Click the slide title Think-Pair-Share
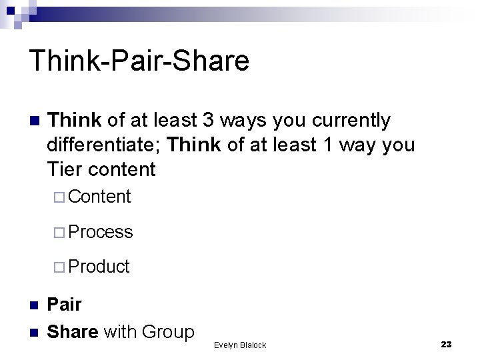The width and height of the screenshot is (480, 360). click(139, 61)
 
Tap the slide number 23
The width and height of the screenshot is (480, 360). click(447, 344)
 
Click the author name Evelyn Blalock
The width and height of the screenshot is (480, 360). click(240, 345)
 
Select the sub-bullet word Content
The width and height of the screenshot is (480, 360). click(99, 197)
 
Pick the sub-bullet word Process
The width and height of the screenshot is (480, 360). click(101, 232)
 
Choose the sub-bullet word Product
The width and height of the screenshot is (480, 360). click(99, 267)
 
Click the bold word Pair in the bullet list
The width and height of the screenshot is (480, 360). click(65, 305)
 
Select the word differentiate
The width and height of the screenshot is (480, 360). click(104, 145)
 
